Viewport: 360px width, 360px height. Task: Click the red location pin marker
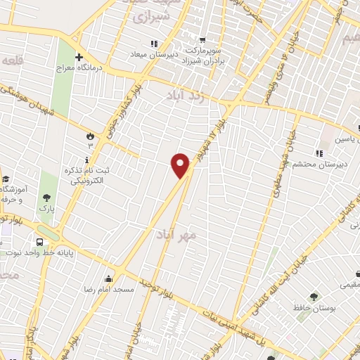point(181,165)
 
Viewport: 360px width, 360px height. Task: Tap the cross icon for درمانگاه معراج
point(79,57)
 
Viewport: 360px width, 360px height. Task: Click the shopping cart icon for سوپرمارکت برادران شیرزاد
point(202,39)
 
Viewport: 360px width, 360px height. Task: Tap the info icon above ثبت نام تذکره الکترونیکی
point(87,159)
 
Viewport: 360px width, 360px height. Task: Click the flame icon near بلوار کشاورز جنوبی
point(90,135)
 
